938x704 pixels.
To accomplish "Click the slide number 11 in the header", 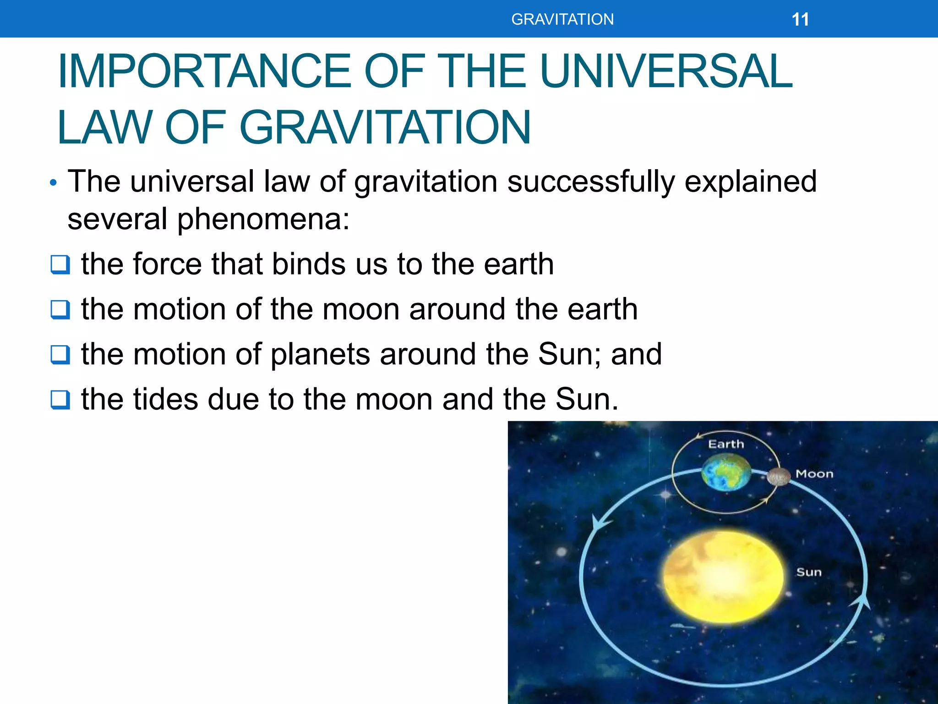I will point(800,20).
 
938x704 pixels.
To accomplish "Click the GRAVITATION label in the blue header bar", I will point(562,20).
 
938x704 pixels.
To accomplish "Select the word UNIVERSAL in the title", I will point(666,71).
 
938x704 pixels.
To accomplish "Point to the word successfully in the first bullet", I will point(591,181).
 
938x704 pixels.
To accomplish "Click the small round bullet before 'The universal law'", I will point(54,183).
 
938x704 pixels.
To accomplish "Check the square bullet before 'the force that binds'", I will point(60,264).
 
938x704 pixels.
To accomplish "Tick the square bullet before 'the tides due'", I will point(60,399).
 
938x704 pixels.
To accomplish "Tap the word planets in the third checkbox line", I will point(320,355).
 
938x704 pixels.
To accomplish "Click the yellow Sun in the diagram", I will point(723,577).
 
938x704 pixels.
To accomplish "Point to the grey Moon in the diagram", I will point(779,477).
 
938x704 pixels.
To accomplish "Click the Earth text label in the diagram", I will point(726,444).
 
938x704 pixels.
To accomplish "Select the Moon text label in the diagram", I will point(814,474).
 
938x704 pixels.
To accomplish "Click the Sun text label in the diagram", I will point(809,572).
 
